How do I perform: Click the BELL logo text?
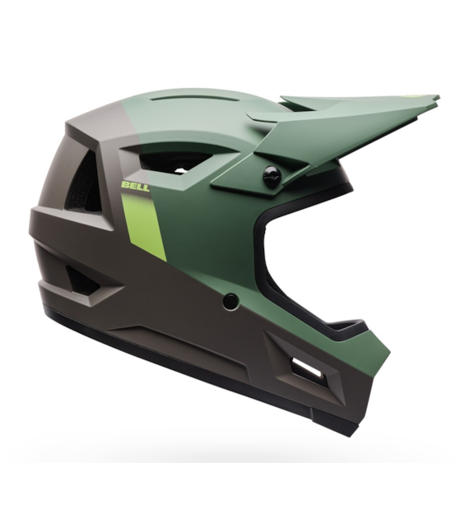136,186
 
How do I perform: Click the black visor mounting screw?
272,177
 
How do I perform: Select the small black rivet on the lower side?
230,301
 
